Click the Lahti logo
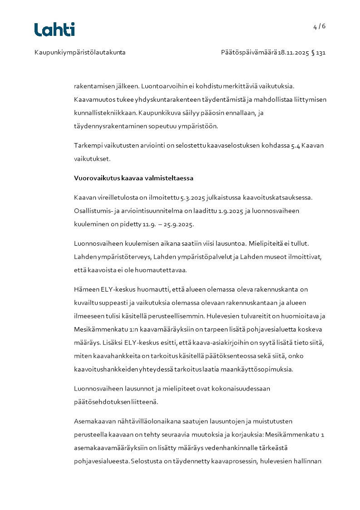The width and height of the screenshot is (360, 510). (x=54, y=30)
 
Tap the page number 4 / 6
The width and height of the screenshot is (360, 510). (x=319, y=26)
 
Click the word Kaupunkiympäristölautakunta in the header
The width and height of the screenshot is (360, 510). (x=80, y=52)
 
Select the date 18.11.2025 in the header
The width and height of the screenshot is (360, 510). (x=293, y=52)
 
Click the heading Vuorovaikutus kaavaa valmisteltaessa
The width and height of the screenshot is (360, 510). (x=133, y=178)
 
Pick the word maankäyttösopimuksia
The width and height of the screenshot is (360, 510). (x=261, y=369)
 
